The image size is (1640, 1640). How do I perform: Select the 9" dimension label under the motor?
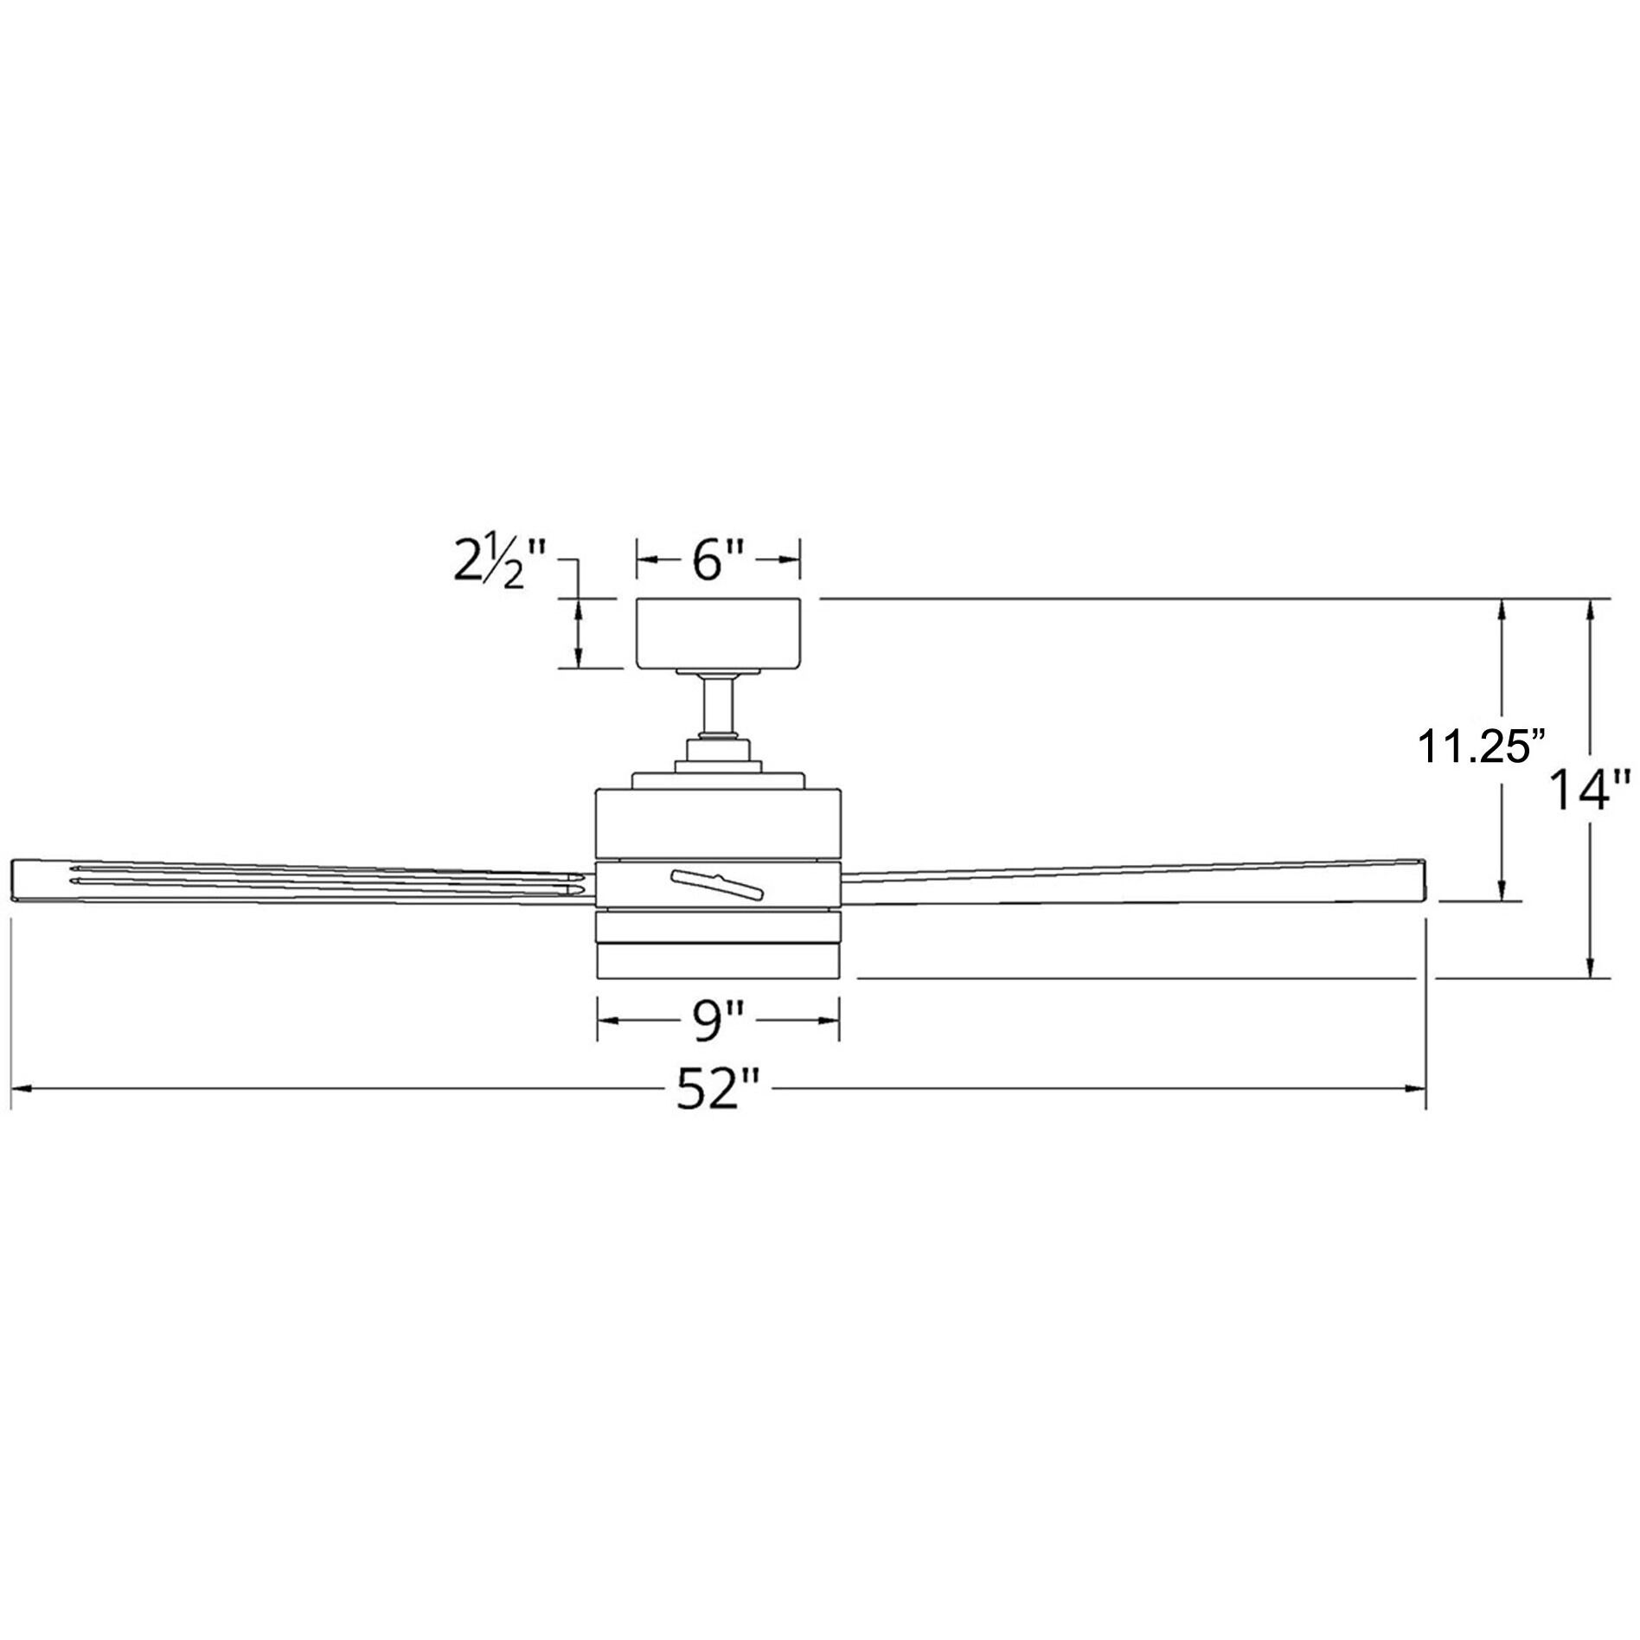point(717,1021)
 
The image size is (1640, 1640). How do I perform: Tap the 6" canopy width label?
point(718,562)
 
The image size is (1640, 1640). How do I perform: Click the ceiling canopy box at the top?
point(717,632)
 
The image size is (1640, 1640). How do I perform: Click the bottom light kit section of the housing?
point(717,958)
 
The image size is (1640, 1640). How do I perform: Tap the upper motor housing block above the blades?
point(717,823)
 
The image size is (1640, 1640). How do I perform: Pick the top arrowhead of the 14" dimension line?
point(1590,610)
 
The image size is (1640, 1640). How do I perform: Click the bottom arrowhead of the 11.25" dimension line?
point(1503,890)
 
